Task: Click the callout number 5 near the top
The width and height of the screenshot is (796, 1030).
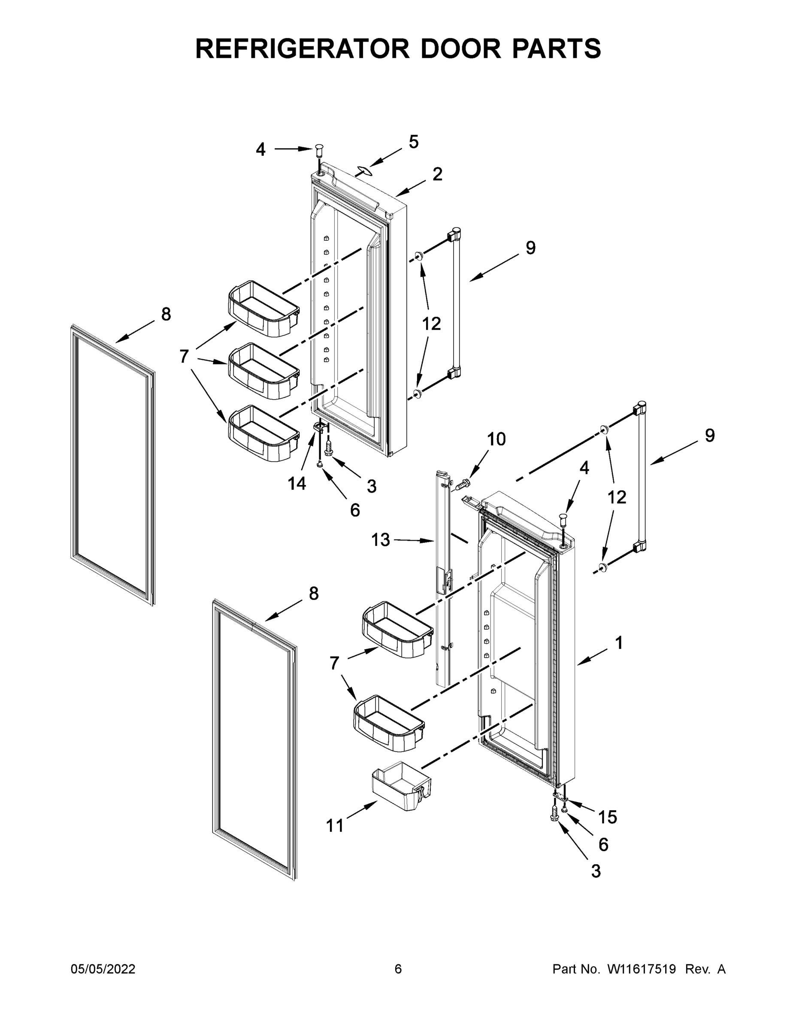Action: click(414, 142)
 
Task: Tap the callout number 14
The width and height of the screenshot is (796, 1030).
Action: click(297, 483)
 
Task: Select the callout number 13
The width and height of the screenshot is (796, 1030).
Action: click(381, 540)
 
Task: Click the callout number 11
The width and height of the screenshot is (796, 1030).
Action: click(335, 825)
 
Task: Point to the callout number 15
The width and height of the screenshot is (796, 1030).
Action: click(607, 817)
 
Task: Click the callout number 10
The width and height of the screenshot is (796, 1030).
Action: click(496, 439)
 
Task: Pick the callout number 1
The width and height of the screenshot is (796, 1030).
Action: click(619, 642)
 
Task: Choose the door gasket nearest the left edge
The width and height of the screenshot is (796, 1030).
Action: click(113, 464)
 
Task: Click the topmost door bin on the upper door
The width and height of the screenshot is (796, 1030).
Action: click(263, 309)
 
